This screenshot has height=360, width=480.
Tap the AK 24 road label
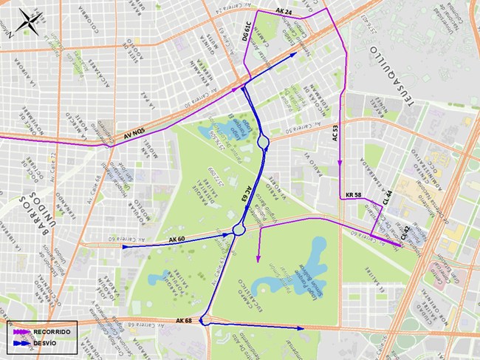tap(284, 13)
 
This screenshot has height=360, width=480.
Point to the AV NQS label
tap(138, 135)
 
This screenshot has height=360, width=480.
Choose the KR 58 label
tap(354, 195)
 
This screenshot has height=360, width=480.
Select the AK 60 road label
tap(177, 240)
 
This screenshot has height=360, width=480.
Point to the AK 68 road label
tap(184, 320)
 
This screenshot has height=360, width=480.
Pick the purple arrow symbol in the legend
tap(22, 333)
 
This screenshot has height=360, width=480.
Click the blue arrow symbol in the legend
tap(22, 343)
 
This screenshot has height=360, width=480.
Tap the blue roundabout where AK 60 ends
tap(239, 230)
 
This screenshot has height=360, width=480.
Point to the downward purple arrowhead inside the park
tap(258, 259)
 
